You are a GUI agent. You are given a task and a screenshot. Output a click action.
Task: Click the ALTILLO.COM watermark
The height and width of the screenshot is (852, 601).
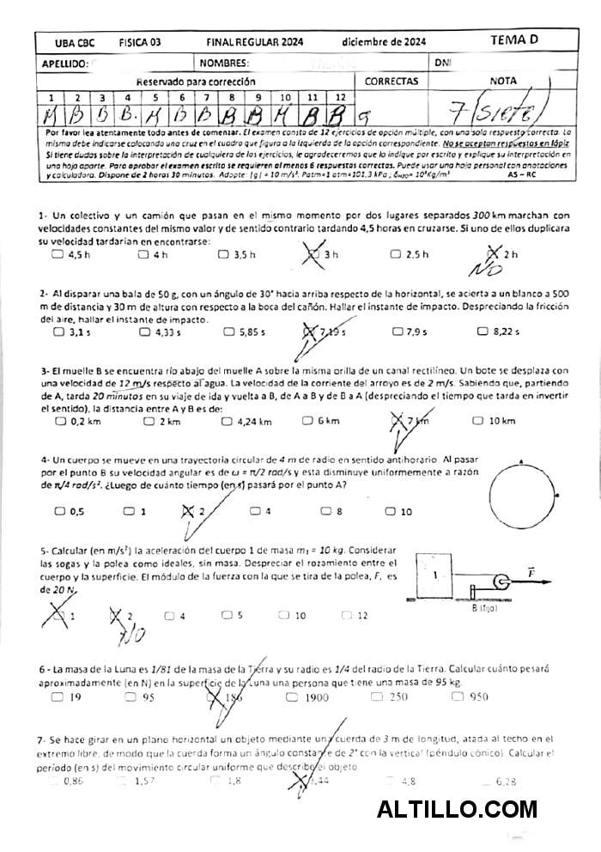pyautogui.click(x=457, y=809)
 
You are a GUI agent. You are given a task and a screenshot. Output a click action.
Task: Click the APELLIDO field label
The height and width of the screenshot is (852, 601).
pyautogui.click(x=64, y=63)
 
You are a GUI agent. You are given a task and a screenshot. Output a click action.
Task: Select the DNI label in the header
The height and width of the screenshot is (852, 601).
pyautogui.click(x=443, y=63)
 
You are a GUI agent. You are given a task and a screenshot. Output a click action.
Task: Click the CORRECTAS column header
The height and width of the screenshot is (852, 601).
pyautogui.click(x=392, y=82)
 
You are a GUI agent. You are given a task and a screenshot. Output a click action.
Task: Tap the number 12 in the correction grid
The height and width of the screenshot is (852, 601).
pyautogui.click(x=341, y=98)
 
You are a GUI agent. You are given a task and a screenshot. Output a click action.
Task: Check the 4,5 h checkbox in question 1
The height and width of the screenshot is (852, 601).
pyautogui.click(x=58, y=254)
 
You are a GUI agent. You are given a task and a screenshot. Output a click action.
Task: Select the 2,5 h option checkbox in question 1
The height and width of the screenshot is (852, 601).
pyautogui.click(x=396, y=254)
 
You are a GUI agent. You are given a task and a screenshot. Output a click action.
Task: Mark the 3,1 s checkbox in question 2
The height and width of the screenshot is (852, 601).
pyautogui.click(x=59, y=332)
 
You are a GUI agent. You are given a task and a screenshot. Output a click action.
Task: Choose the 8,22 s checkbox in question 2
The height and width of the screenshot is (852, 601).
pyautogui.click(x=485, y=332)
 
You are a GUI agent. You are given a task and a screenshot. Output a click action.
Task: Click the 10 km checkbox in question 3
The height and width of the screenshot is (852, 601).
pyautogui.click(x=478, y=421)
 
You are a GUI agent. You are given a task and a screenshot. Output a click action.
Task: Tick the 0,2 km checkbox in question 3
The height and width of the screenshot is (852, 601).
pyautogui.click(x=60, y=421)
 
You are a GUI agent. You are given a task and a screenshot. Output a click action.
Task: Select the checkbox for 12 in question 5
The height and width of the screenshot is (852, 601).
pyautogui.click(x=345, y=615)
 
